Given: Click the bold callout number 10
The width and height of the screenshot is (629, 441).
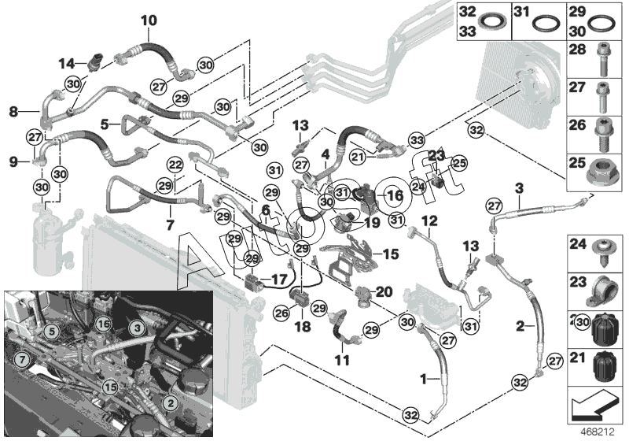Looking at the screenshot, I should coord(149,20).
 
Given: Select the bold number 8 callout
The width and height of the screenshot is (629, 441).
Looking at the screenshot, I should coord(13,113).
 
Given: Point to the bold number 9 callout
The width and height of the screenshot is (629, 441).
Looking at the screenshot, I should coord(13,161).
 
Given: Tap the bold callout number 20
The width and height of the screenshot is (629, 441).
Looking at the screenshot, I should coord(384,291).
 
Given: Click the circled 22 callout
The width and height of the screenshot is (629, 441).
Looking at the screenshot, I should coord(175,165).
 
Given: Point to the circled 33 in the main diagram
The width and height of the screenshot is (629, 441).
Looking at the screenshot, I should coord(417,140).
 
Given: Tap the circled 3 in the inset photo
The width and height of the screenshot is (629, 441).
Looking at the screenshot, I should coord(136,326).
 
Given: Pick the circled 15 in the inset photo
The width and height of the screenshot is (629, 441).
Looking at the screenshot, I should coord(111,386).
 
